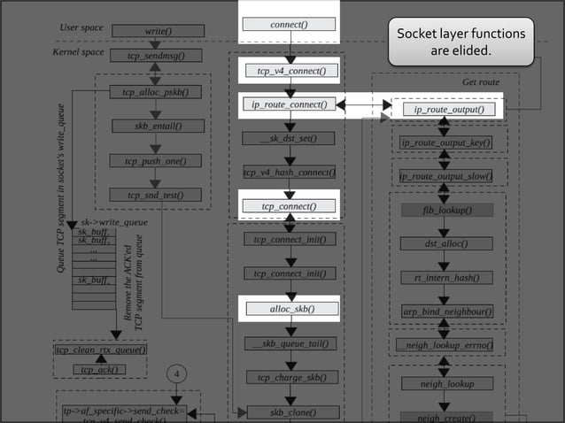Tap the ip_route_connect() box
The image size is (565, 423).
(x=289, y=104)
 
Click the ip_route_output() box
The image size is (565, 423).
(x=448, y=110)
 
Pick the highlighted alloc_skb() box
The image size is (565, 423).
(x=291, y=309)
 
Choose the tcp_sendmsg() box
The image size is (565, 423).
(x=156, y=55)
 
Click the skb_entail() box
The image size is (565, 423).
(x=156, y=126)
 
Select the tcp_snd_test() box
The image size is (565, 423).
(x=156, y=195)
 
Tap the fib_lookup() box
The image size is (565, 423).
(x=447, y=211)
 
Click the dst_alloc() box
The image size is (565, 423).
(x=447, y=243)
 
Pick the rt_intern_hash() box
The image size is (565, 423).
(x=447, y=277)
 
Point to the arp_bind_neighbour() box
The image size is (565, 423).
(x=447, y=311)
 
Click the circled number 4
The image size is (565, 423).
(x=176, y=374)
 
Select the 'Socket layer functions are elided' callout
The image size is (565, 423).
(x=461, y=42)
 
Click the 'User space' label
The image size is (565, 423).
(x=81, y=28)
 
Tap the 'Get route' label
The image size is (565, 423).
(x=481, y=81)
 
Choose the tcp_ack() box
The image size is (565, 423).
(x=100, y=369)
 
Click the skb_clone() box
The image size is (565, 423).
(x=291, y=411)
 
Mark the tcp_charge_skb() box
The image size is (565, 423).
(x=291, y=377)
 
